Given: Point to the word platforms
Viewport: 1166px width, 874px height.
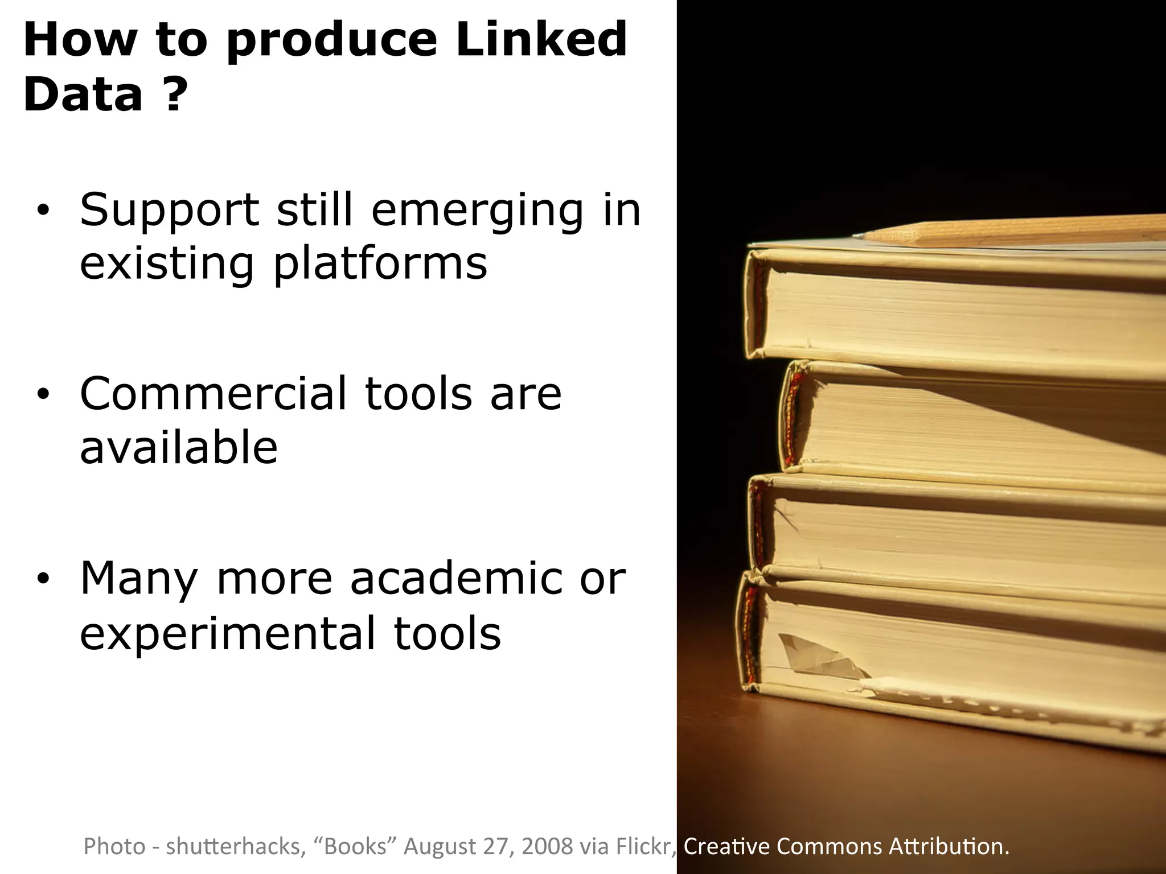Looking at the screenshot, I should [380, 265].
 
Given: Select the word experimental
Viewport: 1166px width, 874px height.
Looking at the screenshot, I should [228, 633].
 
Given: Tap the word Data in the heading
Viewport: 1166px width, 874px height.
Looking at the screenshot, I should [83, 94].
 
